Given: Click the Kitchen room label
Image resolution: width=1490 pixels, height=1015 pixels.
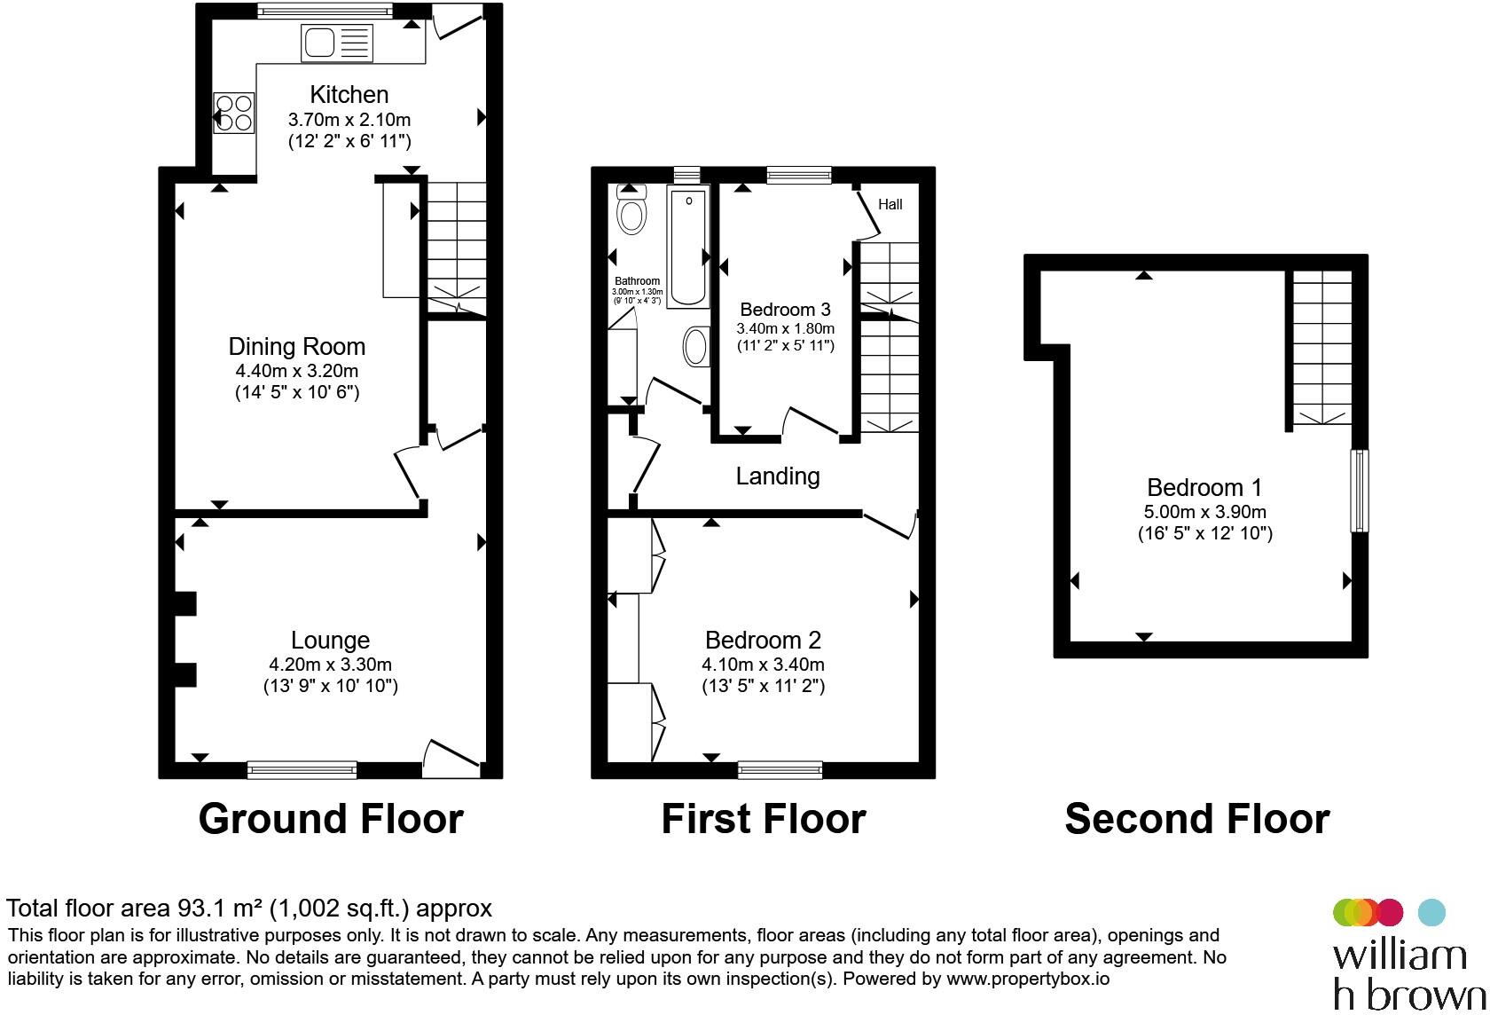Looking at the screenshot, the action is (349, 95).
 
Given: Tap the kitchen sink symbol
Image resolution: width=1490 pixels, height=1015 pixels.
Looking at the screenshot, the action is (337, 43).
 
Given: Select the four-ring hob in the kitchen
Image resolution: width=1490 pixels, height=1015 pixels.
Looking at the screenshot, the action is (234, 114).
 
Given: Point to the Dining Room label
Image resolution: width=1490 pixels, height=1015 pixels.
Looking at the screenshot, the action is (296, 347).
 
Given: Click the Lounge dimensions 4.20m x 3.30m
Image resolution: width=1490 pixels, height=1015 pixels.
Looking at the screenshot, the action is (330, 665).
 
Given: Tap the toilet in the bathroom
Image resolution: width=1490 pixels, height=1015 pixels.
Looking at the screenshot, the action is (631, 209).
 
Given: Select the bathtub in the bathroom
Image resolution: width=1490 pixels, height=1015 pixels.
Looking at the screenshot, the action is (688, 247).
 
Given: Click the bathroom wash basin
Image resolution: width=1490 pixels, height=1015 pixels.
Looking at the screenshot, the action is (695, 346).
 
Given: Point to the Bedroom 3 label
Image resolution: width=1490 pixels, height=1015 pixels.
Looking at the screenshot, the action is (785, 310).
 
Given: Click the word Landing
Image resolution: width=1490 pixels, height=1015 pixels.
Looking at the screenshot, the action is (778, 476).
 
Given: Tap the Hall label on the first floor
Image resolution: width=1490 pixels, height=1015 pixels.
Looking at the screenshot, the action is (890, 204).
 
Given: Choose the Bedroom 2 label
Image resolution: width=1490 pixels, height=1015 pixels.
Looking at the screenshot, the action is (763, 641).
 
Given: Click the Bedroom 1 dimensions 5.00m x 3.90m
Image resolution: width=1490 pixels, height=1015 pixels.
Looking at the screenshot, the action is (1204, 512).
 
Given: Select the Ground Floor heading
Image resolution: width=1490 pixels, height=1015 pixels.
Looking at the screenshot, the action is (331, 819).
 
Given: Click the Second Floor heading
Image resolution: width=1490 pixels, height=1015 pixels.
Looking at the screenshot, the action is (1197, 819).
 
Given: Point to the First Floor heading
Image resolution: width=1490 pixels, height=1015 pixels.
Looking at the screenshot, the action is (764, 819).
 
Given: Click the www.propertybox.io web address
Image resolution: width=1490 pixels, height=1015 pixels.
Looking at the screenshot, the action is (1028, 979).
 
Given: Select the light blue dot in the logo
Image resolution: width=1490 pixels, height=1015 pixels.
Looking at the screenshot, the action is (1431, 912).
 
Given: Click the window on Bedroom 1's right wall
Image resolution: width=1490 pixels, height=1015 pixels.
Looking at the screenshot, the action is (1360, 492).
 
